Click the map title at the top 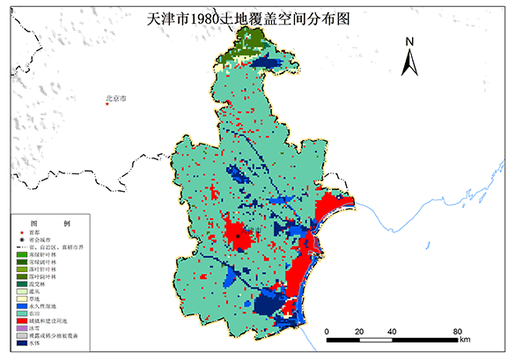tap(256, 15)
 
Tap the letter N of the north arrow tap(409, 40)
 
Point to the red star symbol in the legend tap(21, 231)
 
